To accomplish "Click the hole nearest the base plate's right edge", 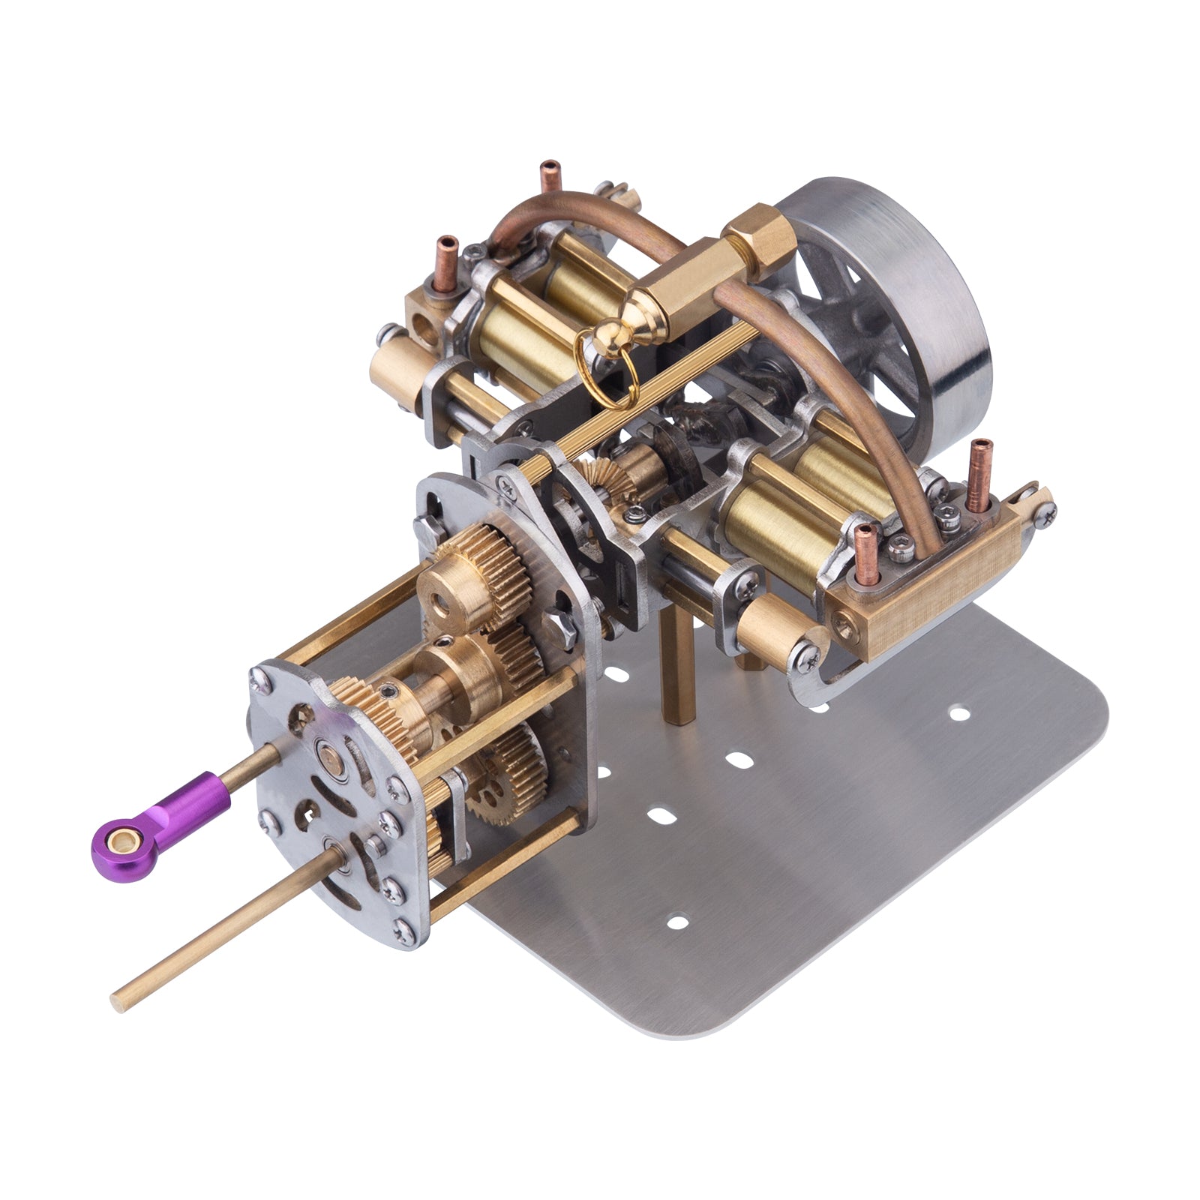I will pos(958,712).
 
